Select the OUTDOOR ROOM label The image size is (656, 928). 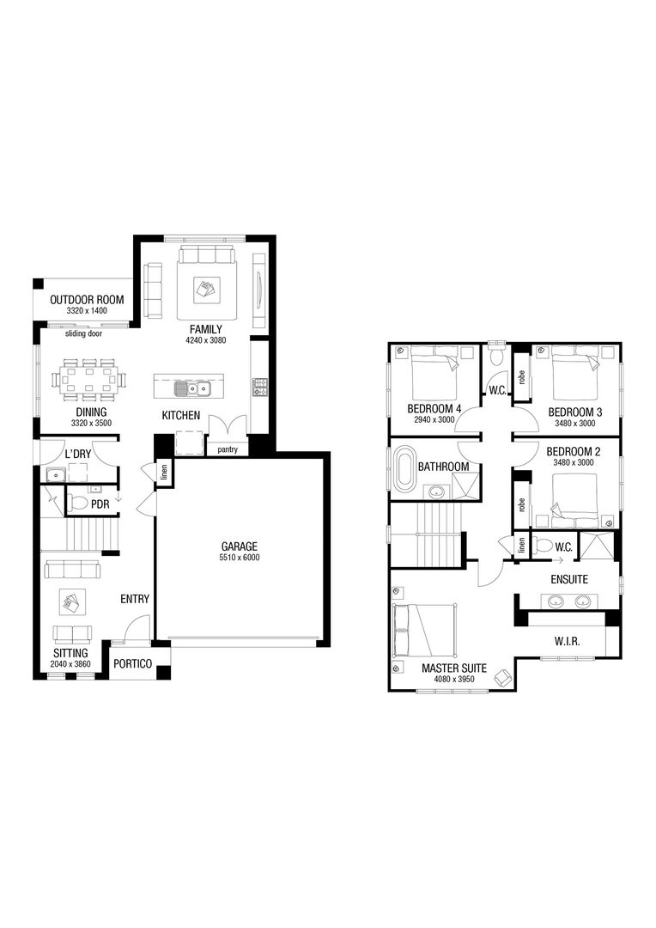87,300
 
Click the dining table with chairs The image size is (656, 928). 88,379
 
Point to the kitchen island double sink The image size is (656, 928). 191,388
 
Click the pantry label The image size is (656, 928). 228,449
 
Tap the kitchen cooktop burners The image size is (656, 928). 259,387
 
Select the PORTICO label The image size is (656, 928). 133,664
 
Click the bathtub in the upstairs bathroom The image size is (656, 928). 404,468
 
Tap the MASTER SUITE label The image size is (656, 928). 453,668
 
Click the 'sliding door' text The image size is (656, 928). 83,333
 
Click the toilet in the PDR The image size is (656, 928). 79,503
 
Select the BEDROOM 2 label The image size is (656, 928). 573,452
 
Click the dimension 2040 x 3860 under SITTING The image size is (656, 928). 69,665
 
